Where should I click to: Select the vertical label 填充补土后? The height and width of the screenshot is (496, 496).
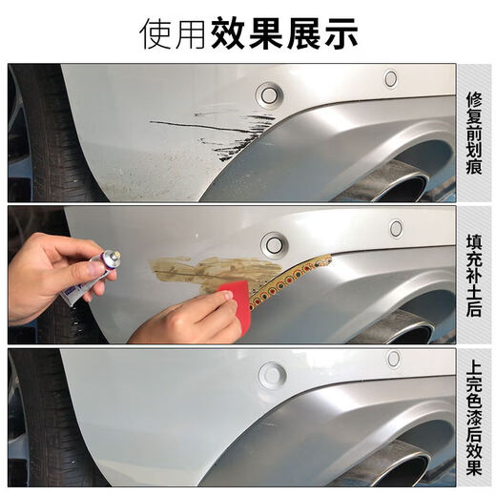pos(474,275)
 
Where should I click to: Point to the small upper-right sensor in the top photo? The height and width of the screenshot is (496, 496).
pos(390,78)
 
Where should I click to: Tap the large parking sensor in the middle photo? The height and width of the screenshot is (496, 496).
pos(275,244)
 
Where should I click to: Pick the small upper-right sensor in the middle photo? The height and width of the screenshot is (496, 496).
pos(396,228)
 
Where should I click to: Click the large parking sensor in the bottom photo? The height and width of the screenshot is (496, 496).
pos(272,374)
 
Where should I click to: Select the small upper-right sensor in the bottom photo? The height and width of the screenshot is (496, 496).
pos(393,359)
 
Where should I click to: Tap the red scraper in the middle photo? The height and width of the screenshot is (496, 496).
pos(240,305)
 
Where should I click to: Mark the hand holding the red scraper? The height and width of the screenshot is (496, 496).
pos(186,320)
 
